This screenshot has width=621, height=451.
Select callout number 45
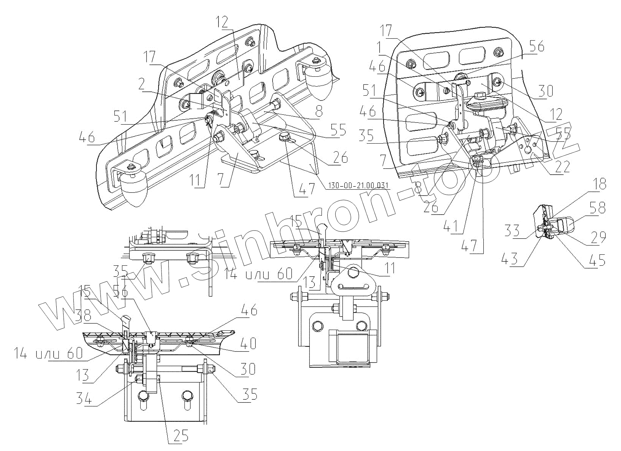pos(598,261)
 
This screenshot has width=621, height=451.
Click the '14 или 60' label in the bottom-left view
pos(48,353)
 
